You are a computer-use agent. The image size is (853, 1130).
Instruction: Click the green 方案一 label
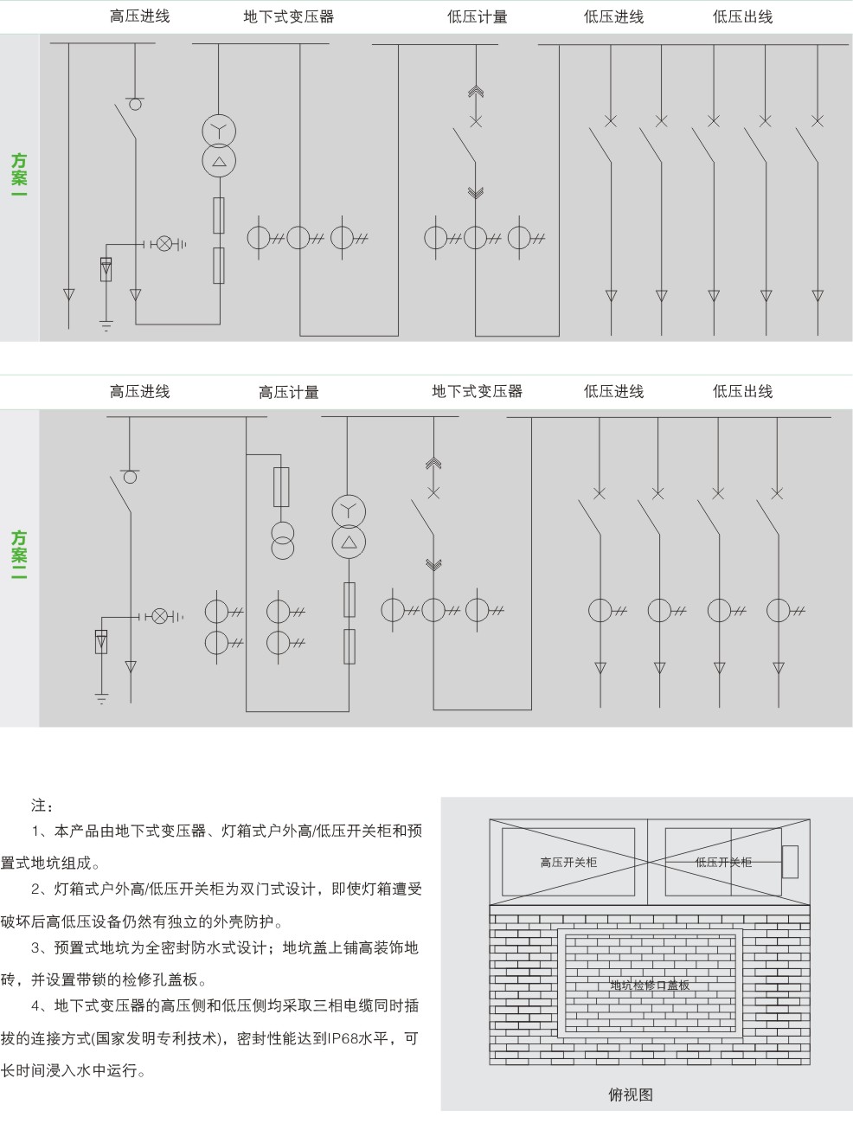pyautogui.click(x=19, y=174)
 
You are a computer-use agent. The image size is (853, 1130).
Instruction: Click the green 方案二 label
pyautogui.click(x=19, y=555)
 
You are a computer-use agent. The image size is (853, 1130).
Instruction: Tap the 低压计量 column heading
pyautogui.click(x=478, y=17)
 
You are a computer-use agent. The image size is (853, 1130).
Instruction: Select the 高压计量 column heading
pyautogui.click(x=289, y=392)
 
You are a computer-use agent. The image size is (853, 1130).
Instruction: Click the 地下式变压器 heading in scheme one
pyautogui.click(x=289, y=17)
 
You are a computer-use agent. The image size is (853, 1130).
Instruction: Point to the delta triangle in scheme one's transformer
pyautogui.click(x=219, y=162)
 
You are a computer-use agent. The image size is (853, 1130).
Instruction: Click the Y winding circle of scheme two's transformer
pyautogui.click(x=349, y=511)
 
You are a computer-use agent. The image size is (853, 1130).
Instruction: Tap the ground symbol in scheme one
pyautogui.click(x=106, y=326)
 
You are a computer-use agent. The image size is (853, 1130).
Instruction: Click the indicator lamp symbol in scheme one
pyautogui.click(x=164, y=243)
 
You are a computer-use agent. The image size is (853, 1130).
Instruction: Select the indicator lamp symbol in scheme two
pyautogui.click(x=161, y=616)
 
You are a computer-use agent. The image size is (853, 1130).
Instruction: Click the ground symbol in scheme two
pyautogui.click(x=101, y=698)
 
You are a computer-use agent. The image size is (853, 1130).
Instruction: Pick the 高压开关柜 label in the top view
pyautogui.click(x=568, y=863)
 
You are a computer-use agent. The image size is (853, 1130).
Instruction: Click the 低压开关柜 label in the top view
pyautogui.click(x=723, y=863)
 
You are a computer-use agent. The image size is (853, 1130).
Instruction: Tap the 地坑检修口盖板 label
pyautogui.click(x=650, y=985)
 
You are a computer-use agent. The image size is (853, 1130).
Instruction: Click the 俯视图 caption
pyautogui.click(x=631, y=1095)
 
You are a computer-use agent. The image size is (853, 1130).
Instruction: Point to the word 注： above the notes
pyautogui.click(x=42, y=806)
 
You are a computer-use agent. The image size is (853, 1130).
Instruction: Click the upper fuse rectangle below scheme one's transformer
pyautogui.click(x=219, y=215)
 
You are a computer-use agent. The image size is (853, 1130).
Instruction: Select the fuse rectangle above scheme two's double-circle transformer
pyautogui.click(x=281, y=487)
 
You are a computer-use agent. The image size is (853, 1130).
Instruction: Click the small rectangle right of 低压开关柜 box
pyautogui.click(x=790, y=862)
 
